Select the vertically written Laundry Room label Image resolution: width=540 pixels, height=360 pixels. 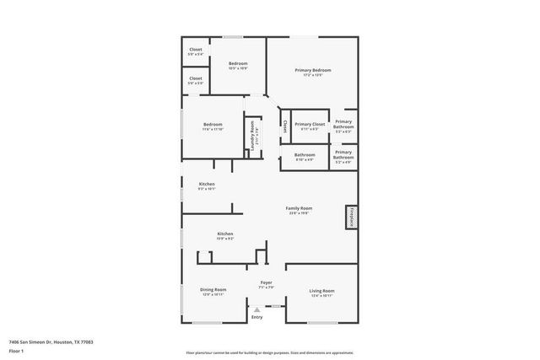252,136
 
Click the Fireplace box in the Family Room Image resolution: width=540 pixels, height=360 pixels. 347,218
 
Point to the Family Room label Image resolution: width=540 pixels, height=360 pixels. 299,207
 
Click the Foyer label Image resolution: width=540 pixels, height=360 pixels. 265,282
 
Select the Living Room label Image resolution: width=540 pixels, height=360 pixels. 321,290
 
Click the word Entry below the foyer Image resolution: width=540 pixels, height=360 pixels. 256,317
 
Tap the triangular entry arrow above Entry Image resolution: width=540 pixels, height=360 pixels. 256,309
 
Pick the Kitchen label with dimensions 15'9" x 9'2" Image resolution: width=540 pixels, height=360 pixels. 224,234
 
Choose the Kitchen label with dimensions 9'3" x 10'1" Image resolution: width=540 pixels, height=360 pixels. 207,184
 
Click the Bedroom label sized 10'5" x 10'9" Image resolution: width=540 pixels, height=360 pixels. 238,63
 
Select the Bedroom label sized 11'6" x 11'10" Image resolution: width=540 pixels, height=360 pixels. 213,124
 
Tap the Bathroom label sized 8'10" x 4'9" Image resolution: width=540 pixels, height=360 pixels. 305,154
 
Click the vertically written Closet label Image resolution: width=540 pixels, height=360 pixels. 285,126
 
